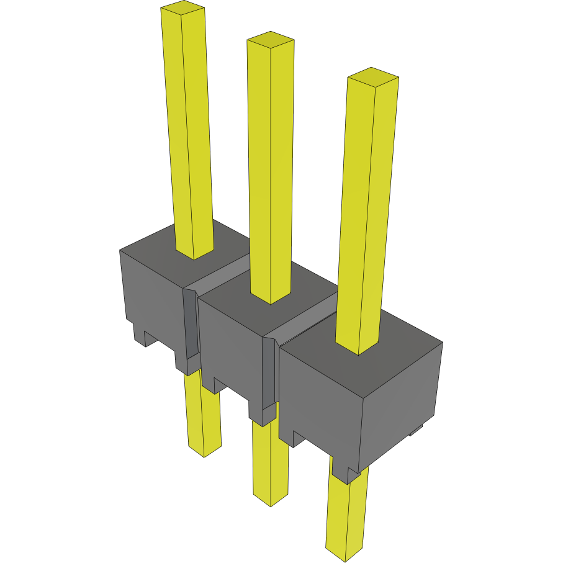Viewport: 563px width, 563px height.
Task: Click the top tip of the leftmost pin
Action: coord(182,8)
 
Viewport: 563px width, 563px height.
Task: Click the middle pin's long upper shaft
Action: coord(271,168)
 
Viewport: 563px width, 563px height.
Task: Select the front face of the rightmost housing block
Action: coord(320,397)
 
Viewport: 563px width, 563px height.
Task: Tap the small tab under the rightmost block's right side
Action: coord(416,430)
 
